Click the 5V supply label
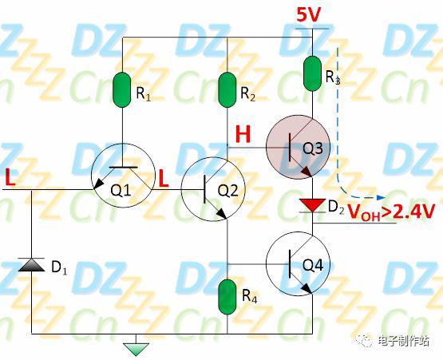click(x=309, y=15)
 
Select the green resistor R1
click(x=122, y=90)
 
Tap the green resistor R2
click(x=227, y=90)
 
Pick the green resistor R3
click(x=312, y=73)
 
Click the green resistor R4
click(x=227, y=297)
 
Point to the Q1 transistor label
click(x=121, y=191)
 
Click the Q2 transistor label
click(x=227, y=192)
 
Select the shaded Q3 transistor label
click(x=312, y=148)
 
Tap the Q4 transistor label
click(x=312, y=265)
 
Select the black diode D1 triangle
click(x=31, y=265)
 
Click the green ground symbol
click(x=136, y=350)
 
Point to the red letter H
click(x=243, y=135)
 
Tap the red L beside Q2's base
click(x=164, y=179)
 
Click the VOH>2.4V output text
click(x=390, y=212)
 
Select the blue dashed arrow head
click(x=382, y=197)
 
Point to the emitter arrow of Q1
click(x=98, y=184)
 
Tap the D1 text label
click(x=59, y=267)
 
